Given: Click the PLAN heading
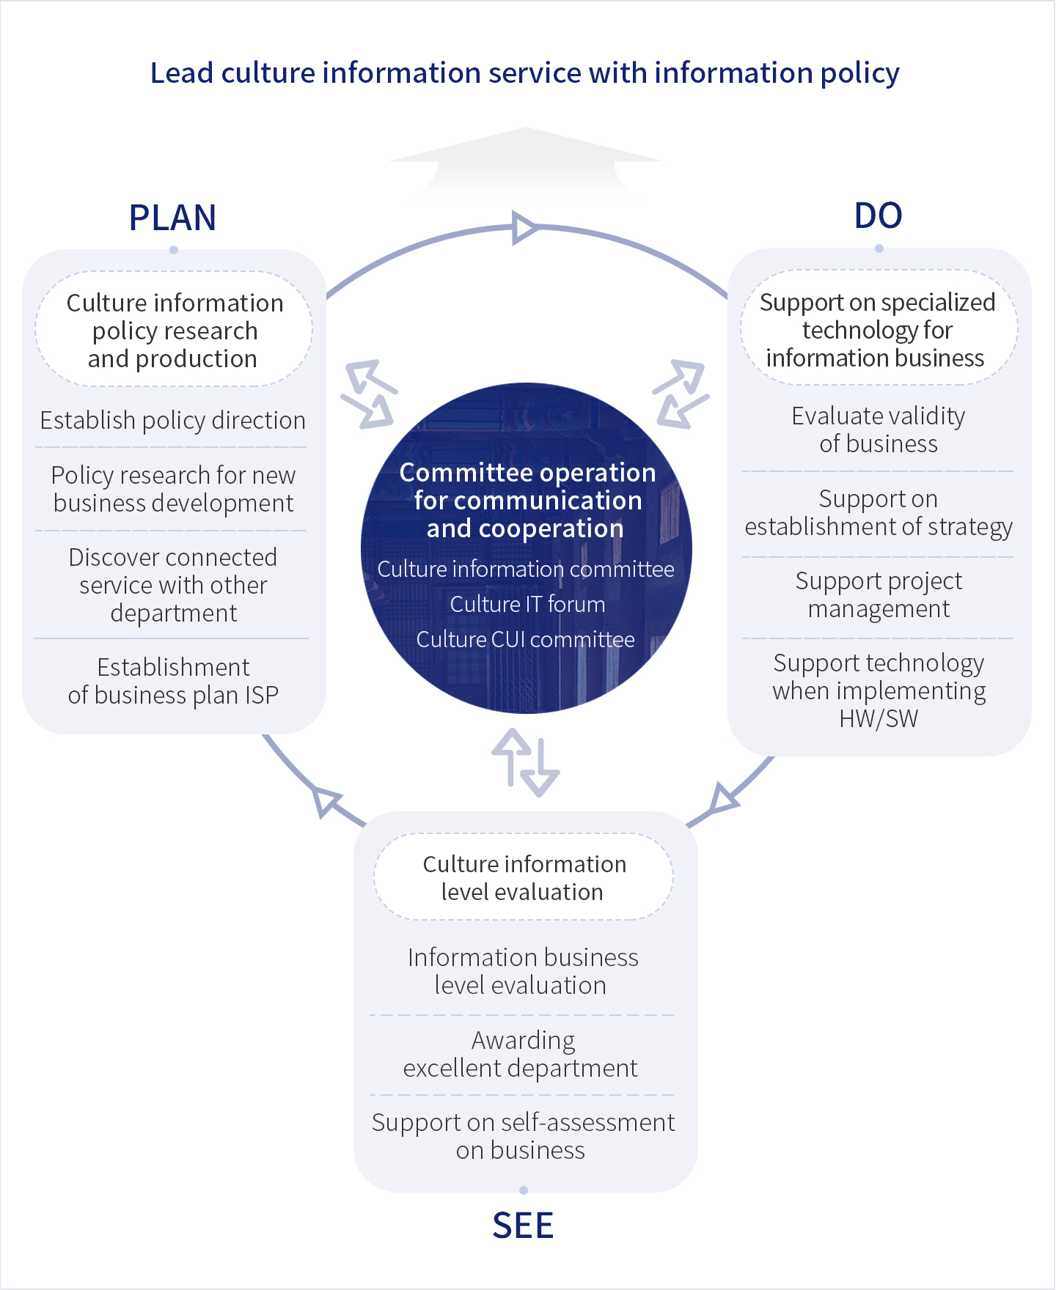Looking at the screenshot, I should tap(172, 218).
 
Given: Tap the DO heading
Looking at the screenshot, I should tap(878, 215).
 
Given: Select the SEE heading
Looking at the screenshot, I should tap(523, 1225).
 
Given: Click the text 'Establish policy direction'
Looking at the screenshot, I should tap(172, 421).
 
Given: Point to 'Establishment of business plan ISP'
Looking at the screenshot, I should tap(173, 681).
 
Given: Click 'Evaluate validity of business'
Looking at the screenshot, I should tap(878, 430).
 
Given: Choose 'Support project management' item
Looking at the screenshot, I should tap(878, 594).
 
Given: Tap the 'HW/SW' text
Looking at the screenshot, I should tap(879, 719).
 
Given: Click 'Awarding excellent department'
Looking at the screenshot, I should tap(521, 1054).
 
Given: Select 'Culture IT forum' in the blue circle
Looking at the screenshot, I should tap(527, 604).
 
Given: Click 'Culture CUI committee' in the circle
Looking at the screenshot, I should tap(525, 639).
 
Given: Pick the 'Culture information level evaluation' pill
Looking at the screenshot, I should tap(524, 877).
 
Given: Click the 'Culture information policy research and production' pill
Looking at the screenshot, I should tap(174, 331).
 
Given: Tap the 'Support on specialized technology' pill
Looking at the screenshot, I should tap(878, 329).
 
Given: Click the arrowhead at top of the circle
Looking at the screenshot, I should tap(524, 228).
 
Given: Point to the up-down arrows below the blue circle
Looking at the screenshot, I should tap(526, 762).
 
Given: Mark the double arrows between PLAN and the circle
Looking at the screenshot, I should tap(369, 394).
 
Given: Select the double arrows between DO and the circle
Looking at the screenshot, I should tap(681, 394).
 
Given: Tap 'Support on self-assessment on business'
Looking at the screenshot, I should tap(522, 1136).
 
